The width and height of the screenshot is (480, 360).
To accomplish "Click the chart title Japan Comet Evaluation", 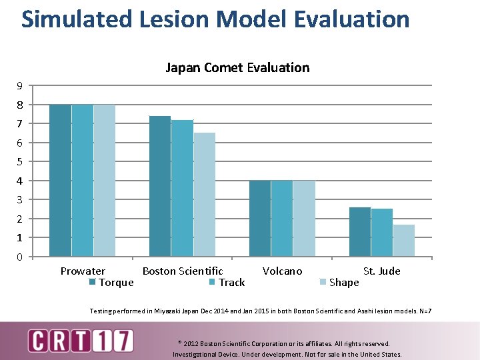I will pyautogui.click(x=237, y=67).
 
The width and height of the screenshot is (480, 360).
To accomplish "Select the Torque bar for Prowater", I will pyautogui.click(x=60, y=180).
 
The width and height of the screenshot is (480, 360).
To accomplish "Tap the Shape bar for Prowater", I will pyautogui.click(x=104, y=180).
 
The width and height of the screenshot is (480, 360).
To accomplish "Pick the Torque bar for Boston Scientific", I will pyautogui.click(x=160, y=186).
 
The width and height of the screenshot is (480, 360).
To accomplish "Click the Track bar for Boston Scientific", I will pyautogui.click(x=182, y=188).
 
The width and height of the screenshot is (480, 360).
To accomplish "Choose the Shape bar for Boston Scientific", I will pyautogui.click(x=204, y=194).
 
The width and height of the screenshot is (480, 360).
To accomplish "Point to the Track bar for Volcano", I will pyautogui.click(x=282, y=218).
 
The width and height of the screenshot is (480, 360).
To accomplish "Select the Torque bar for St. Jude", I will pyautogui.click(x=360, y=231).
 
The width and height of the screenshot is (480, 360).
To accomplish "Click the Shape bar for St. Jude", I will pyautogui.click(x=404, y=240).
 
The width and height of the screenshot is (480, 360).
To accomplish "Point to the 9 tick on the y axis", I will pyautogui.click(x=20, y=86).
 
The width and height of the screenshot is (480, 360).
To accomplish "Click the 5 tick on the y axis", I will pyautogui.click(x=20, y=162).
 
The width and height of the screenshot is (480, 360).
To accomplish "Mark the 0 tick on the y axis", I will pyautogui.click(x=20, y=257).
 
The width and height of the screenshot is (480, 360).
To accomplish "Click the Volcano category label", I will pyautogui.click(x=282, y=271).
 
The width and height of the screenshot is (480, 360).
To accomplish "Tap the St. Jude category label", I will pyautogui.click(x=381, y=271).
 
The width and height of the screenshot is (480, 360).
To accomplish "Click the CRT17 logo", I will pyautogui.click(x=80, y=341).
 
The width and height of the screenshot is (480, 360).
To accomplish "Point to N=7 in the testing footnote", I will pyautogui.click(x=424, y=311).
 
